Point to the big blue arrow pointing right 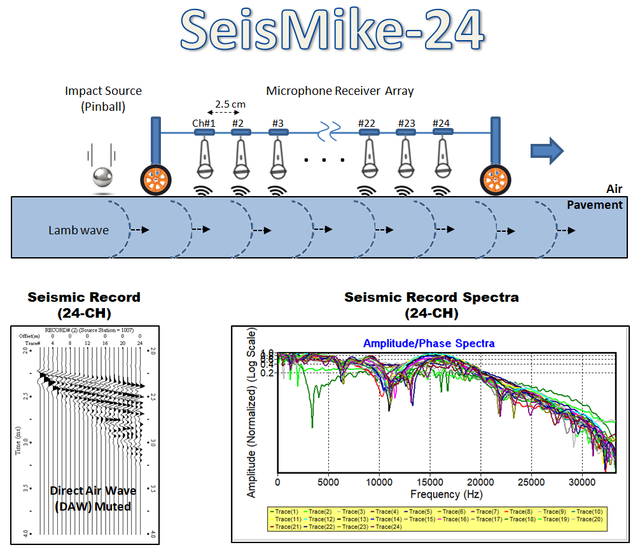click(547, 151)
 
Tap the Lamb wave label click(78, 230)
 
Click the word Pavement click(594, 205)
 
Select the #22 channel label click(367, 123)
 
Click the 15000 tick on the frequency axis click(429, 482)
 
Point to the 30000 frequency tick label click(582, 482)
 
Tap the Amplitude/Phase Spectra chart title click(429, 343)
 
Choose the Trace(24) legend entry click(389, 527)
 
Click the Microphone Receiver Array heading click(340, 91)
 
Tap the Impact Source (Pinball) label click(103, 99)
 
